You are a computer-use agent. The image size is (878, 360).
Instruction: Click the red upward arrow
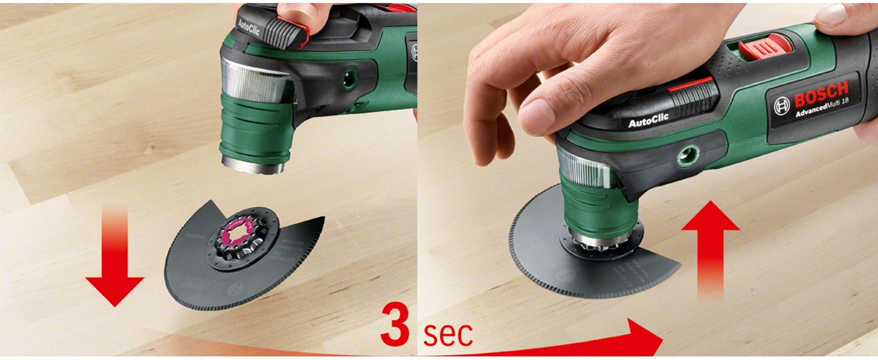point(710,246)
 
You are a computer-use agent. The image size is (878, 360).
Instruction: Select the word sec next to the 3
point(447,334)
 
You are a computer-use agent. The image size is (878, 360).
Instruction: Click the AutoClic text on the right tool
point(648,121)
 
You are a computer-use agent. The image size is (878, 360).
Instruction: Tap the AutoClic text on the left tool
point(248,26)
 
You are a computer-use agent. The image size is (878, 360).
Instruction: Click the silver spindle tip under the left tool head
point(251,164)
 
